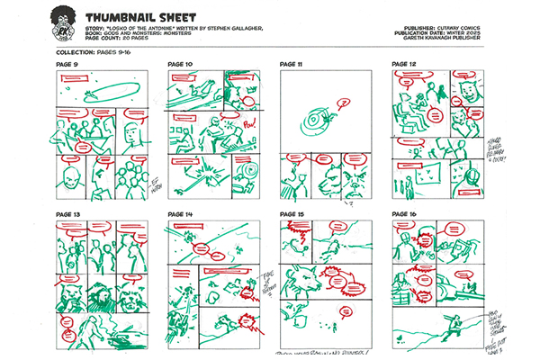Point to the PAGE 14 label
[x=181, y=214]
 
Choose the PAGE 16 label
[x=405, y=214]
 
